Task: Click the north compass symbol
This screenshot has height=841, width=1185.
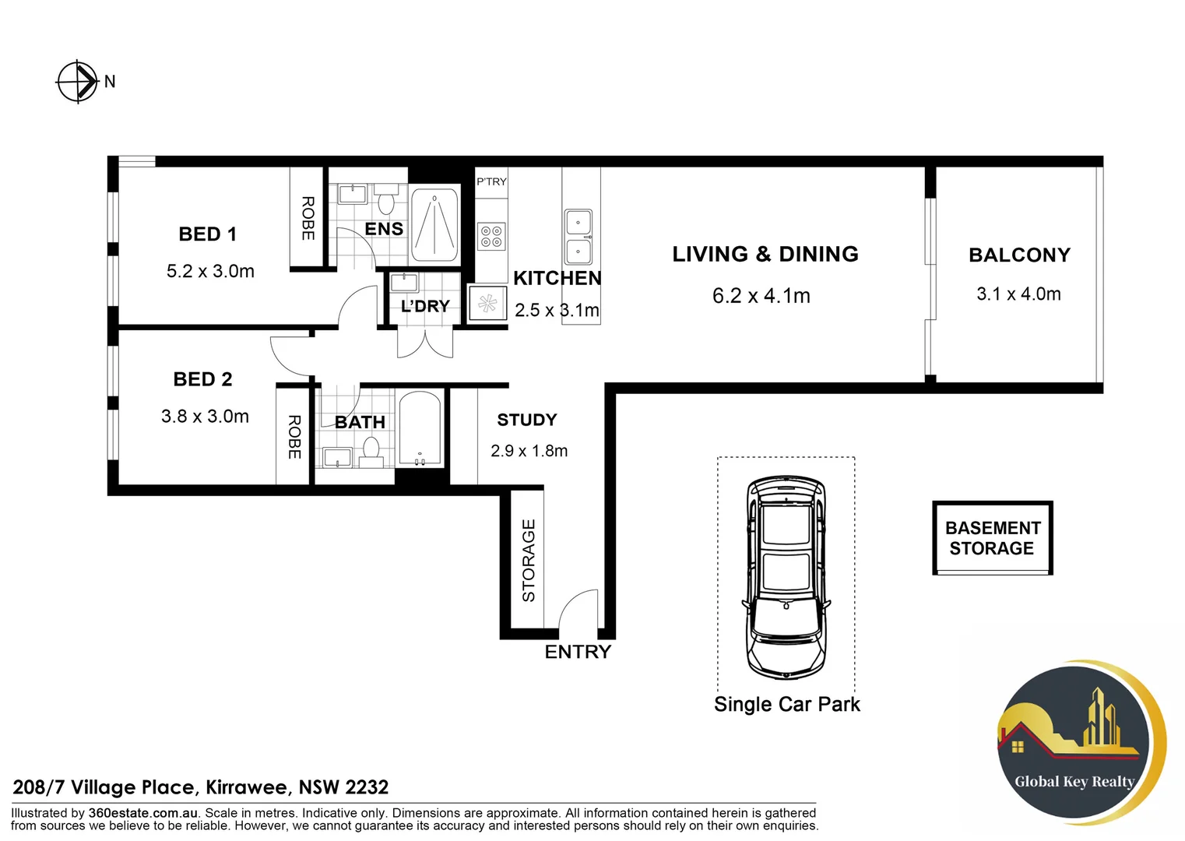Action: (77, 81)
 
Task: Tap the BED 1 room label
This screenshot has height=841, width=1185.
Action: (207, 234)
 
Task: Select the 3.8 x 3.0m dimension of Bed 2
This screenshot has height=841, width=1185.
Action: (205, 417)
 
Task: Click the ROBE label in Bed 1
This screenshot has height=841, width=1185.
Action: (308, 218)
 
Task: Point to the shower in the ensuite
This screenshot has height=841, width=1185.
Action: (434, 224)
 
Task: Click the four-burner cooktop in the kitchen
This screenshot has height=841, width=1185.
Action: (491, 237)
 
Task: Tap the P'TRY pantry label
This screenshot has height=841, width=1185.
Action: (491, 181)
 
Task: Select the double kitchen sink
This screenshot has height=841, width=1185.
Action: (578, 237)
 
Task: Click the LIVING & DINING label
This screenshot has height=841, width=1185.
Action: (765, 255)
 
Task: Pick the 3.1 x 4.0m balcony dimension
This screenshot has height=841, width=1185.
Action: (1018, 294)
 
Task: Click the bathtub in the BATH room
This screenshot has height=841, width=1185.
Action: (420, 429)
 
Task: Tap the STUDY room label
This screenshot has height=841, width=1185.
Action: (527, 420)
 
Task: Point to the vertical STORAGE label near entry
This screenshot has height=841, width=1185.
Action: (529, 561)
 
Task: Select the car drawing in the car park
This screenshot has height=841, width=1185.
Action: (785, 576)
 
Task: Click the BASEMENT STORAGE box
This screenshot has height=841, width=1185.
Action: (993, 538)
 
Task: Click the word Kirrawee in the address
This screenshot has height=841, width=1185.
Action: (249, 787)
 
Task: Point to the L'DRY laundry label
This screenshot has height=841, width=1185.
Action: (425, 307)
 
